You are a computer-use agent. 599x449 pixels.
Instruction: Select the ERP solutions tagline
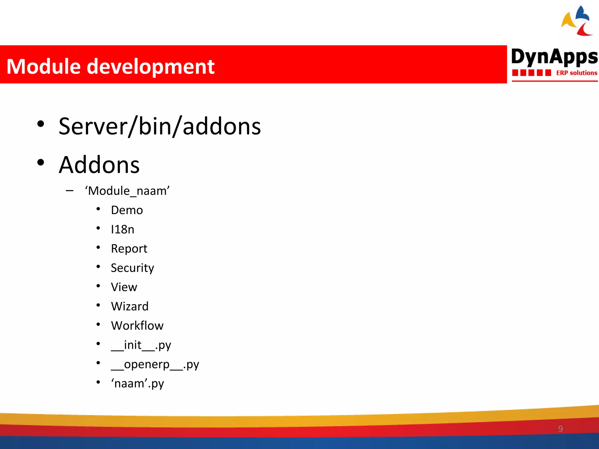pyautogui.click(x=576, y=73)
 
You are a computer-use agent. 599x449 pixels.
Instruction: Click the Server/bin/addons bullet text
pyautogui.click(x=159, y=126)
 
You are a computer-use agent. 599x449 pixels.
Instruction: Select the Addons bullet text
pyautogui.click(x=99, y=165)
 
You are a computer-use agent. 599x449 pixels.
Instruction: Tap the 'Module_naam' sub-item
pyautogui.click(x=127, y=191)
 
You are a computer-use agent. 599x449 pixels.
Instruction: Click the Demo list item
pyautogui.click(x=127, y=210)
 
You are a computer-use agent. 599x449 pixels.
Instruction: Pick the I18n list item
pyautogui.click(x=123, y=229)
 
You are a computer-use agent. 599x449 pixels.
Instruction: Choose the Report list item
pyautogui.click(x=129, y=249)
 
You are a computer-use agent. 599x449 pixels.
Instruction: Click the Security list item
pyautogui.click(x=132, y=268)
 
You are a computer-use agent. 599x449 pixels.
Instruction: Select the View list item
pyautogui.click(x=124, y=287)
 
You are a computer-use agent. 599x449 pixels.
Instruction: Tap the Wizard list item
pyautogui.click(x=130, y=306)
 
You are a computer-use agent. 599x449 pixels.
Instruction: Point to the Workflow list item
pyautogui.click(x=137, y=326)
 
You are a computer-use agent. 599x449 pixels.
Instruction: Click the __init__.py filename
pyautogui.click(x=141, y=345)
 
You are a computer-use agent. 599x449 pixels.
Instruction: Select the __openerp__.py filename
pyautogui.click(x=155, y=365)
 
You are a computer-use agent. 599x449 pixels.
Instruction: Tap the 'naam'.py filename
pyautogui.click(x=137, y=384)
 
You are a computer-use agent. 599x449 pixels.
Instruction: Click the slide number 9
pyautogui.click(x=560, y=429)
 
